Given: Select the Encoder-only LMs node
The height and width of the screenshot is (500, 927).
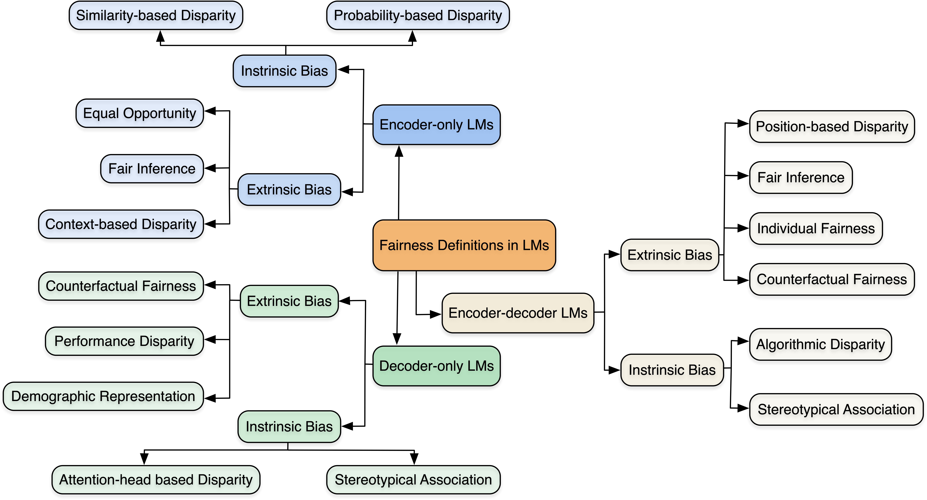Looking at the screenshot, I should coord(436,125).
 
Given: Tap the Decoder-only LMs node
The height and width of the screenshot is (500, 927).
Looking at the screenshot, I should coord(436,366).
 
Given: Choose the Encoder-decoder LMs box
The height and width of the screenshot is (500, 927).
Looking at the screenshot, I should coord(517,313).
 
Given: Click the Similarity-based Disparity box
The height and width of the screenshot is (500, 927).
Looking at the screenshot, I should coord(156,16).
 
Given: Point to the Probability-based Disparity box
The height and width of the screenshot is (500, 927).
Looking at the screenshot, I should coord(418,16).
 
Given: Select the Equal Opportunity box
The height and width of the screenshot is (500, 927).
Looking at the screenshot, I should coord(140,113).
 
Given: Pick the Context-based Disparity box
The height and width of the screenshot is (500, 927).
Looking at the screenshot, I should coord(121,224).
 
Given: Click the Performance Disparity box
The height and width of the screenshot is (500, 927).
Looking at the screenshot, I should coord(124,341).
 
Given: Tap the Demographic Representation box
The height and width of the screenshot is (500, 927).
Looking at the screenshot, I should coord(103,396).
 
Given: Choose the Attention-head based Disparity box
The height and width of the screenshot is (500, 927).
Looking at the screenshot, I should coord(156,480).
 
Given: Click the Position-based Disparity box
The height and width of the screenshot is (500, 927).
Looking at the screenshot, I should coord(832,126).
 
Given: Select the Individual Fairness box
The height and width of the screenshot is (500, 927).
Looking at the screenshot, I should coord(816,228).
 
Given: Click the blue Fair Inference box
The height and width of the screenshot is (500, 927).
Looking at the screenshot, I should coord(152,169).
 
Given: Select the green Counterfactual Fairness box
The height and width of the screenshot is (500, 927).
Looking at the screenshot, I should coord(121,286).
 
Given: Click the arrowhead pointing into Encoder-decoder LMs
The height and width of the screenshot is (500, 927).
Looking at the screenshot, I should coord(436,314).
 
